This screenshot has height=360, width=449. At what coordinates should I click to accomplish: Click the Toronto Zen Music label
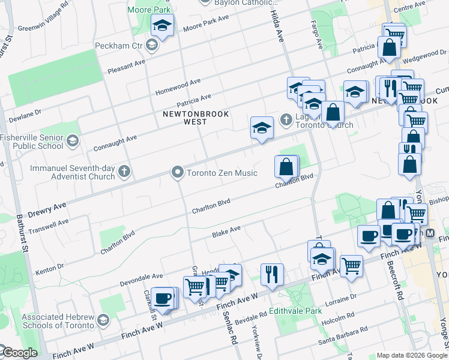tap(222, 173)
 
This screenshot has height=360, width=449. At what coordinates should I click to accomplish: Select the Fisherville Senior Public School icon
tap(73, 141)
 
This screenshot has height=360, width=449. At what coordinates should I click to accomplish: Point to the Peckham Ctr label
tap(119, 46)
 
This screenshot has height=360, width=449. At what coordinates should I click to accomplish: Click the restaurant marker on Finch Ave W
tap(272, 274)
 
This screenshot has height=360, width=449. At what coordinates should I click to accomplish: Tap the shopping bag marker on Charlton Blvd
tap(286, 166)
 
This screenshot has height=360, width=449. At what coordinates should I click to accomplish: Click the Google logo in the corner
tap(19, 353)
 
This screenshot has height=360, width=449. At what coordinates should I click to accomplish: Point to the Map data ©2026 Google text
tap(412, 355)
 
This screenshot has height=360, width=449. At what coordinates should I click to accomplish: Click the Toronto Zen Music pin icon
tap(177, 173)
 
